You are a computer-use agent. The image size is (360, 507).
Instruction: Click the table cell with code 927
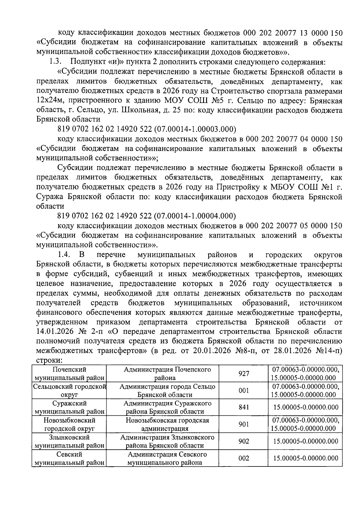[244, 374]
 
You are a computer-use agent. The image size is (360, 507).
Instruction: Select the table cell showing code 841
[244, 407]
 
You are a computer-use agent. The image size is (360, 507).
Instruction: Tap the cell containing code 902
[244, 441]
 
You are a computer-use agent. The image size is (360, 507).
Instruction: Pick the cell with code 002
[244, 458]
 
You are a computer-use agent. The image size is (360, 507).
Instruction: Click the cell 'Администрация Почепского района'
[167, 374]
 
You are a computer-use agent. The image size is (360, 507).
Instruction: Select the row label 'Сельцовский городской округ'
[70, 391]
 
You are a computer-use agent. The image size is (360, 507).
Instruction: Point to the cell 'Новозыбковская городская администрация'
[167, 424]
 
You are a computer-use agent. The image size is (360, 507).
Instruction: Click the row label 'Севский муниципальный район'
[70, 458]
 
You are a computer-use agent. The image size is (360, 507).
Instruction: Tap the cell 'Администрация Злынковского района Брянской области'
[167, 441]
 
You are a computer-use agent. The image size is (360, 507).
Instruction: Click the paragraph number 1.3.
[55, 62]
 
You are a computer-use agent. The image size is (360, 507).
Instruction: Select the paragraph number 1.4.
[64, 255]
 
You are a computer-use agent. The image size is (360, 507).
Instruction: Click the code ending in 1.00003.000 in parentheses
[194, 129]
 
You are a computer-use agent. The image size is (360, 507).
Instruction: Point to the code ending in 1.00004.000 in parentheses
[194, 216]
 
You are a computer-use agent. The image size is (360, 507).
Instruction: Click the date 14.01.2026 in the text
[59, 332]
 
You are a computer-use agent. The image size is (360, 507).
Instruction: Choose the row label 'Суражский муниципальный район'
[70, 407]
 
